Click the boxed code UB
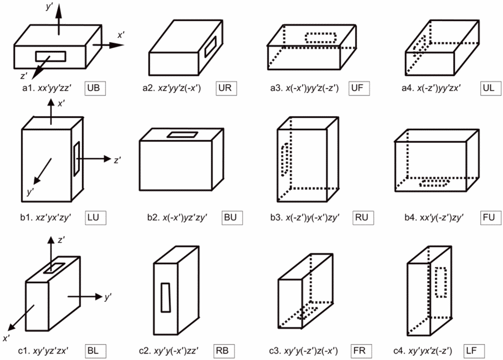click(x=97, y=88)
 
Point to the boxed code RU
click(x=358, y=217)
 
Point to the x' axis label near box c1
click(x=7, y=338)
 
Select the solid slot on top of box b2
click(x=182, y=135)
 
